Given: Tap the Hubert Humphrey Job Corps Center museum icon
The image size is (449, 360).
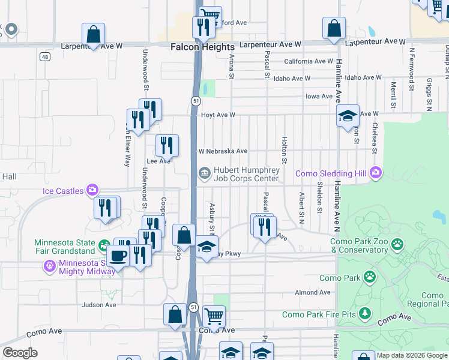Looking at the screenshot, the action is [x=204, y=174].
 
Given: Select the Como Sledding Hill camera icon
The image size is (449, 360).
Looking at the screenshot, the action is [x=376, y=173].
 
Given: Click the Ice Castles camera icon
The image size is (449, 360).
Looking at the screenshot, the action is [x=92, y=190].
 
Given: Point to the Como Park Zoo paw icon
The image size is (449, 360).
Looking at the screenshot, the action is [x=397, y=244].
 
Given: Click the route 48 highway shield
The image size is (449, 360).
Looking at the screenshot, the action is [x=44, y=57].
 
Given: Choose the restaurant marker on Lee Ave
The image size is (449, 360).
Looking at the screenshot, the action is [x=166, y=145].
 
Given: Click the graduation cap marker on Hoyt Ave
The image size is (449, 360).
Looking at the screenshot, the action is [x=348, y=116].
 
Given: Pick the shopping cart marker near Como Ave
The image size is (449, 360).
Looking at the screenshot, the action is [x=214, y=316].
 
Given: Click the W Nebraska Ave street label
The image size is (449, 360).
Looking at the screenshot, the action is [x=223, y=151].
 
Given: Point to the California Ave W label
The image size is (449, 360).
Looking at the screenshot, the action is [x=309, y=61].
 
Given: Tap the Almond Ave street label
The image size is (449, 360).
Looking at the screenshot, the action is [x=313, y=292].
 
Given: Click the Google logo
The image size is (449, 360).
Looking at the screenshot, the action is [x=20, y=353].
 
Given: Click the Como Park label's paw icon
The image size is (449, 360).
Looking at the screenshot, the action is [x=371, y=277].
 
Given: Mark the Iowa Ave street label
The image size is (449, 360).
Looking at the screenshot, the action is [x=319, y=96].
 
